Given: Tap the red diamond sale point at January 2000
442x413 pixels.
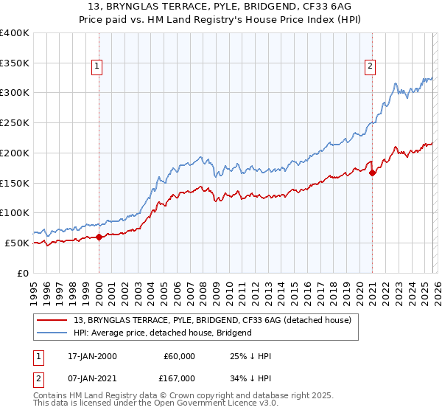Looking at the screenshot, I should click(x=99, y=237).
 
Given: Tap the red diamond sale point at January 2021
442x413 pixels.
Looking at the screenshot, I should click(x=372, y=173).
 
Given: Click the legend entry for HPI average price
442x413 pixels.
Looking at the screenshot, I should click(x=162, y=333).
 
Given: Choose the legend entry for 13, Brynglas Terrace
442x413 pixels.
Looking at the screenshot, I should click(x=212, y=320).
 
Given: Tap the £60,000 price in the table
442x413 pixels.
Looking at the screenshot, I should click(x=180, y=356).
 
